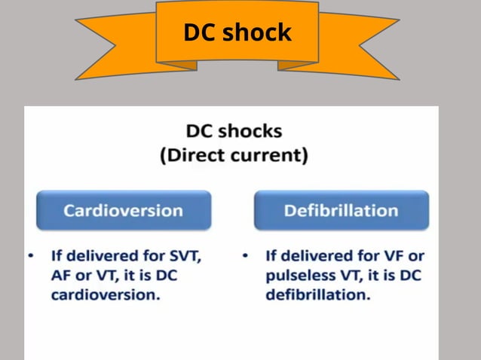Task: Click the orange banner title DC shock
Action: tap(237, 32)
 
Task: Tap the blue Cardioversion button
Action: tap(123, 210)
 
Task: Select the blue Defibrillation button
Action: tap(341, 210)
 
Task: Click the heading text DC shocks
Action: tap(234, 131)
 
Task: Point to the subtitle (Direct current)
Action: tap(234, 156)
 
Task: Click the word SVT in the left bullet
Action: tap(184, 255)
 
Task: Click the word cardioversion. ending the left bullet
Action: tap(106, 294)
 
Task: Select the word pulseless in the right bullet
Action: tap(298, 275)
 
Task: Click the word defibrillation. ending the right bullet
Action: tap(317, 294)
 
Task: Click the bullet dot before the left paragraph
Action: tap(31, 255)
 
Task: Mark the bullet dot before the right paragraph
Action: tap(246, 255)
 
